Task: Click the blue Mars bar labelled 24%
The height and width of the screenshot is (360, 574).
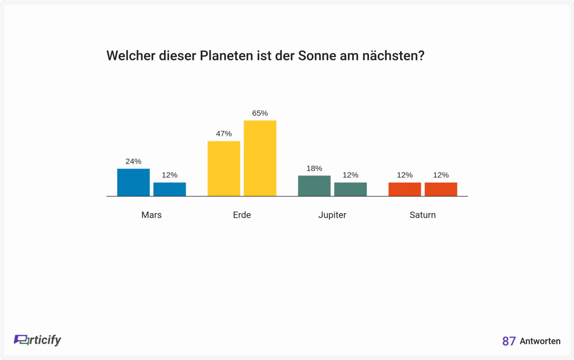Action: click(133, 182)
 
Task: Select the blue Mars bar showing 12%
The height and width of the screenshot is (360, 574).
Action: click(170, 189)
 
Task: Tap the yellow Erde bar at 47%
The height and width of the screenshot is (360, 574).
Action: click(224, 168)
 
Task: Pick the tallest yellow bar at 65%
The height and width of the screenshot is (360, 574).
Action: click(260, 158)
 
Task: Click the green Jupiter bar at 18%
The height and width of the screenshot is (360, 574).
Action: click(314, 186)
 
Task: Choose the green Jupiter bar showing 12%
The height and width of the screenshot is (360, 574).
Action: click(350, 189)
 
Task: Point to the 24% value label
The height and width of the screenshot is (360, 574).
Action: click(133, 161)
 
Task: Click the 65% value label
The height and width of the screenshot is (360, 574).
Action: click(260, 113)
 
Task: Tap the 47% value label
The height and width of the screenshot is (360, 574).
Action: click(224, 134)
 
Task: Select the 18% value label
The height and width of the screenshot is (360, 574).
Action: click(314, 168)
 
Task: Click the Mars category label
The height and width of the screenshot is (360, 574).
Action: click(151, 215)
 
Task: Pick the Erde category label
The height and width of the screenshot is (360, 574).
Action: click(242, 215)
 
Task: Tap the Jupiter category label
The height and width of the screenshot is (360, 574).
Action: click(332, 215)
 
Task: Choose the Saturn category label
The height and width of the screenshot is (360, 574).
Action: click(422, 215)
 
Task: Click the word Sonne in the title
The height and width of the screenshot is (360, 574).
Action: click(317, 56)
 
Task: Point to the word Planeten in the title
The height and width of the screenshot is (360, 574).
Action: click(226, 56)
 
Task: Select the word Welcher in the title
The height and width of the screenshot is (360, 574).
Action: click(131, 56)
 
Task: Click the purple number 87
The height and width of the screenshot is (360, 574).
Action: click(509, 341)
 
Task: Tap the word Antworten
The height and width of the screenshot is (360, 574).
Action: click(540, 341)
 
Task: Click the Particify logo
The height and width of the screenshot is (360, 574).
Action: click(37, 340)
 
